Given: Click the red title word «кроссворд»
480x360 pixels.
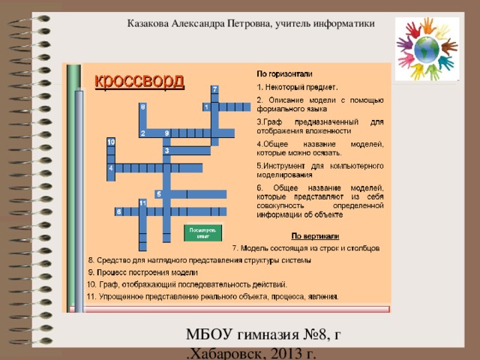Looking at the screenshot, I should coord(139,79).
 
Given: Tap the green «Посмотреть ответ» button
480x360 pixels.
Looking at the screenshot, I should coord(202,232).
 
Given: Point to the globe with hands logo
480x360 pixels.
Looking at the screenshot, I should coord(427,50).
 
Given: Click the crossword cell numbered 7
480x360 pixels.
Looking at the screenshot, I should coord(215,89).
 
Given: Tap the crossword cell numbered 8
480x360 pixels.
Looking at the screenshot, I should coord(142,107).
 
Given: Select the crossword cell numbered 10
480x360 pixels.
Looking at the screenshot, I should coord(110,141).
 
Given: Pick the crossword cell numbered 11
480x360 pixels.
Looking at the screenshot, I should coord(142,202).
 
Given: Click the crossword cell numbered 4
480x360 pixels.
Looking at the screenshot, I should coord(111,168).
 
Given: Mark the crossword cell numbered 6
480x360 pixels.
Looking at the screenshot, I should coord(118,211).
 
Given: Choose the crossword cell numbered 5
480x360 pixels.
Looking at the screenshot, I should coord(158,194).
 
